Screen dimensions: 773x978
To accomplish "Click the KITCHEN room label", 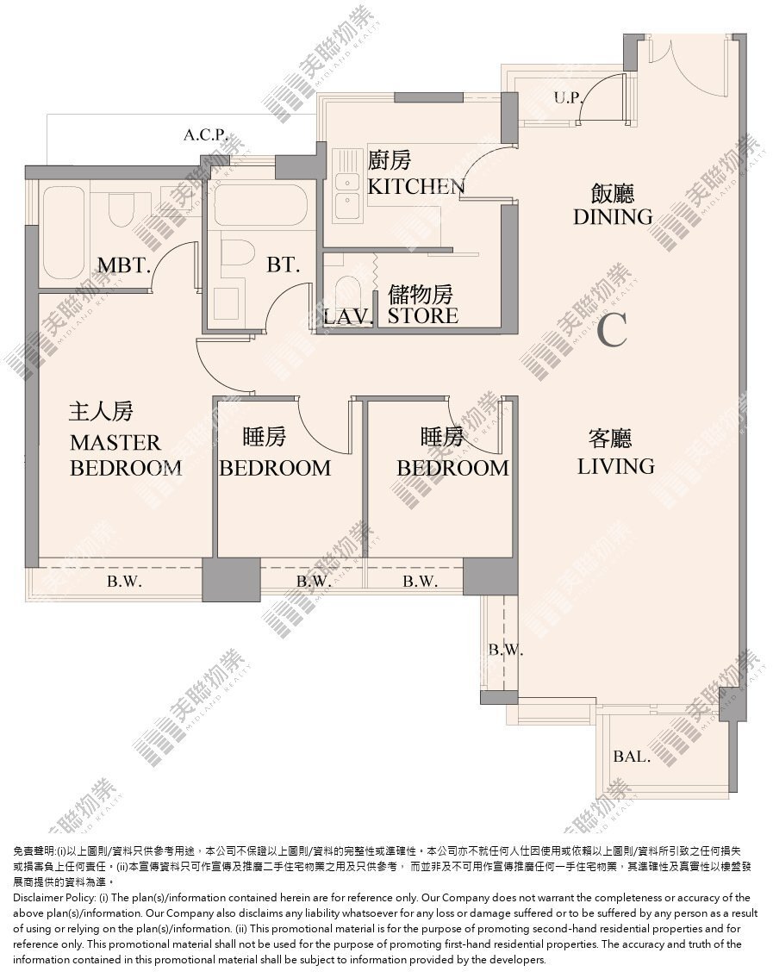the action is point(416,186).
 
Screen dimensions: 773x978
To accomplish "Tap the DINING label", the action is point(613,216).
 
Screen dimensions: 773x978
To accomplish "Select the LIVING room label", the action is point(616,466).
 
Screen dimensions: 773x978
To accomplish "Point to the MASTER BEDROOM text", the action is point(126,455).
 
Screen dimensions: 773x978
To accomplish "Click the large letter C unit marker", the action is point(611,330).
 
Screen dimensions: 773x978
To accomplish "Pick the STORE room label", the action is point(423,315).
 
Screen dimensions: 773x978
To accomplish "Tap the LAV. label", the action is point(348,317).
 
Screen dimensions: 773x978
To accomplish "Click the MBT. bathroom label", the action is point(124,265).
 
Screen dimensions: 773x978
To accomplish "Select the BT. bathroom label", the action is point(284,265).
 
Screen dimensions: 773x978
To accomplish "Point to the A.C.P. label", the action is point(205,134).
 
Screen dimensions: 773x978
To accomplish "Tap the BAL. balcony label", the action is point(632,757).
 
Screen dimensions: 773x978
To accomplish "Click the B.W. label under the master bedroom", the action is point(125,582).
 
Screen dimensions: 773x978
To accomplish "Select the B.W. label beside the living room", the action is point(505,650).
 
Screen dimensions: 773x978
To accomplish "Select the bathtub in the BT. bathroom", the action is point(260,206).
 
